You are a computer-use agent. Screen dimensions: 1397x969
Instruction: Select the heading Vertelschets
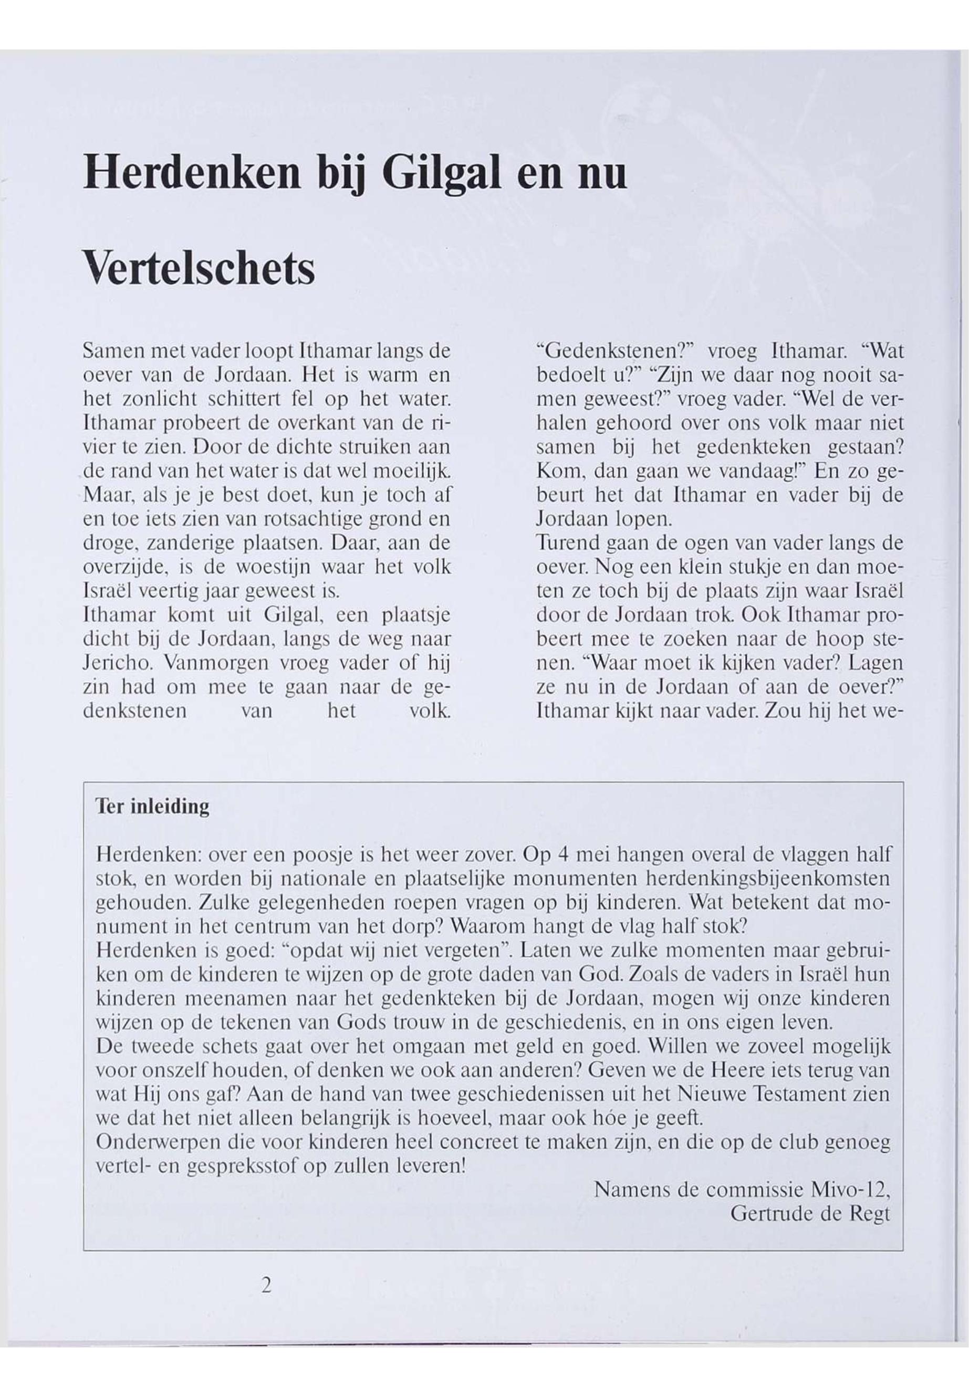tap(199, 267)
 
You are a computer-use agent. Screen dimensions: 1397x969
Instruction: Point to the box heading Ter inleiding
tap(152, 807)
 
